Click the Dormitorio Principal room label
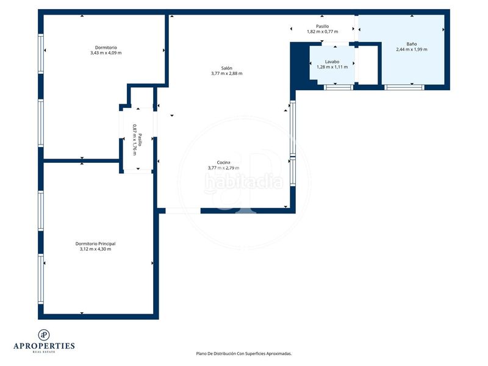click(x=95, y=243)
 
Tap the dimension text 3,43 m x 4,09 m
click(x=106, y=53)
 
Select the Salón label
click(x=226, y=68)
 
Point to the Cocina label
click(x=223, y=162)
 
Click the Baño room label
click(x=411, y=44)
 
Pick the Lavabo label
click(x=332, y=62)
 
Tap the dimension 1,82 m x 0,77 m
click(x=323, y=32)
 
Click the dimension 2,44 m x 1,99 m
click(x=411, y=49)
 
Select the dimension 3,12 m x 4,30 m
click(x=95, y=249)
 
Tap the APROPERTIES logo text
click(x=44, y=346)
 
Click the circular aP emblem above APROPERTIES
click(x=44, y=335)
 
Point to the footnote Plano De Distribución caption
click(x=243, y=354)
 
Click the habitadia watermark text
click(x=243, y=182)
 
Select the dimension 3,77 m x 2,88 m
click(x=226, y=73)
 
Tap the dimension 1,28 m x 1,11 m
click(x=332, y=67)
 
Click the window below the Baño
click(x=404, y=87)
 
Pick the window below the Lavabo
click(x=339, y=87)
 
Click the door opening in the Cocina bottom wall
click(x=182, y=210)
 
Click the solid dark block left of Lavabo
click(x=300, y=64)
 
